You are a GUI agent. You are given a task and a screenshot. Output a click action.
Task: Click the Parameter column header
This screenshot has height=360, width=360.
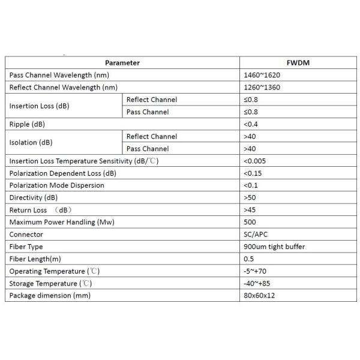[x=122, y=63]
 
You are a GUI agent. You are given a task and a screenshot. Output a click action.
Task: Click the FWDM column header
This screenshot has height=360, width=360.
[x=297, y=63]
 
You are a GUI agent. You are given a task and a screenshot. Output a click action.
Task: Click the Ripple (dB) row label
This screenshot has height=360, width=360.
[x=28, y=124]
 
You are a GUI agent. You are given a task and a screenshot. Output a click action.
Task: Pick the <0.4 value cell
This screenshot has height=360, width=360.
[x=251, y=124]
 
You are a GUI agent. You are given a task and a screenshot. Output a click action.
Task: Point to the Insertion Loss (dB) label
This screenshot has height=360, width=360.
[x=38, y=106]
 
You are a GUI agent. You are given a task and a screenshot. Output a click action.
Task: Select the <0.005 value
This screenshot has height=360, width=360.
[x=254, y=161]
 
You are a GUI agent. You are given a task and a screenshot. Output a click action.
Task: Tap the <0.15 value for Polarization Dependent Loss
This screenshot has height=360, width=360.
[x=253, y=173]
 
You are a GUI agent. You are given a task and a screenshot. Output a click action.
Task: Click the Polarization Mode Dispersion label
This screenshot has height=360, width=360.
[x=57, y=185]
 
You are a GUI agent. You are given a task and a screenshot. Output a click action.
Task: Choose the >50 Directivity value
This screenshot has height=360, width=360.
[x=250, y=197]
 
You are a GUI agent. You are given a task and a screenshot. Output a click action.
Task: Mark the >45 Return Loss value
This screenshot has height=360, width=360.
[x=250, y=210]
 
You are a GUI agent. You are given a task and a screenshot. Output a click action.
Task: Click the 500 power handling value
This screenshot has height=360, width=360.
[x=250, y=222]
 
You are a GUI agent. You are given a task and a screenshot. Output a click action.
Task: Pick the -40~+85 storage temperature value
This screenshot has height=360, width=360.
[x=258, y=283]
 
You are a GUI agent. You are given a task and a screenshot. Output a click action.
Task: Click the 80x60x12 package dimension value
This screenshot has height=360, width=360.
[x=259, y=296]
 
